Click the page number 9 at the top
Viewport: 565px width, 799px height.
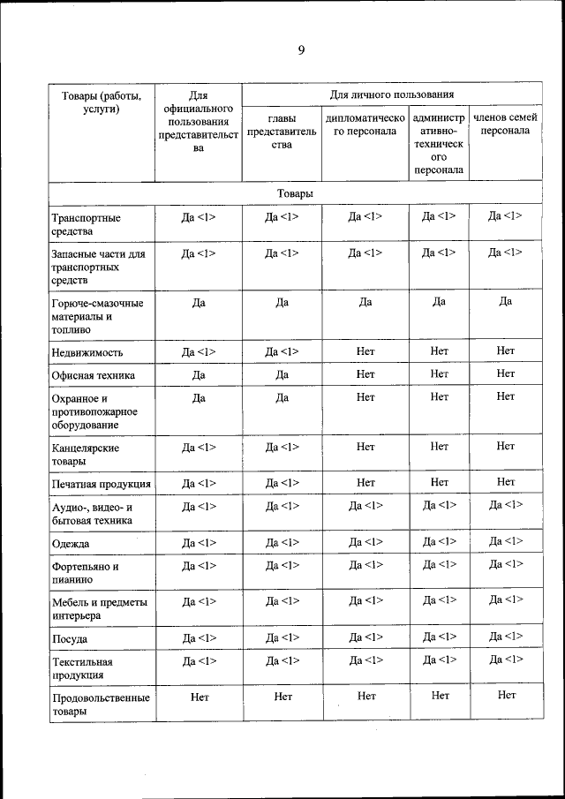point(300,50)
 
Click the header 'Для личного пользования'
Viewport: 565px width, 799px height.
point(392,94)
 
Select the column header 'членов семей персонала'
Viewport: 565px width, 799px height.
point(505,124)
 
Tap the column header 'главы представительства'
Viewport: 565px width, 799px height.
point(282,131)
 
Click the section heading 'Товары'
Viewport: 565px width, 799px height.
point(294,192)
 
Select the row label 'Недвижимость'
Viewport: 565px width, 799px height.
point(87,352)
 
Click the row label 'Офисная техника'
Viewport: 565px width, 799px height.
point(94,375)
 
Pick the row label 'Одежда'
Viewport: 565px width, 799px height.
point(71,543)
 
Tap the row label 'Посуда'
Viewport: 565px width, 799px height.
point(70,638)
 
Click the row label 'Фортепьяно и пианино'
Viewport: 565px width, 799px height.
point(85,572)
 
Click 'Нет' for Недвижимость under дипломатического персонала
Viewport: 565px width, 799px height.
point(365,351)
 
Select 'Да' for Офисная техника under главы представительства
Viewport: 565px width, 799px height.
point(282,374)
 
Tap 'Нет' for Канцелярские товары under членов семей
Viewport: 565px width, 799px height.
point(505,446)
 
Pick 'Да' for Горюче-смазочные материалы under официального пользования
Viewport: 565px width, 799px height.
point(199,302)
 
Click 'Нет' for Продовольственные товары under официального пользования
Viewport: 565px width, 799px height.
point(199,697)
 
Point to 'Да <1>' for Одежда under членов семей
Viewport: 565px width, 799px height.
point(505,541)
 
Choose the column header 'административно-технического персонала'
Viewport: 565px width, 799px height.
point(439,143)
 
